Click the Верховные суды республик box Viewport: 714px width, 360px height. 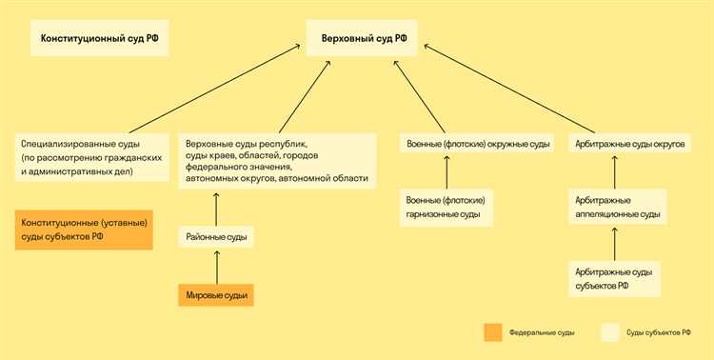(277, 160)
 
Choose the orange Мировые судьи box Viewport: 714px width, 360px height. (216, 295)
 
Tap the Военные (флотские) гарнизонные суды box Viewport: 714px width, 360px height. (446, 208)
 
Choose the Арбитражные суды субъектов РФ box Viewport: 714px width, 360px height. (614, 278)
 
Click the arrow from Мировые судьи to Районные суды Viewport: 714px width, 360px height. (216, 268)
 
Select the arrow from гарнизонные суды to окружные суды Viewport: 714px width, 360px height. (446, 172)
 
